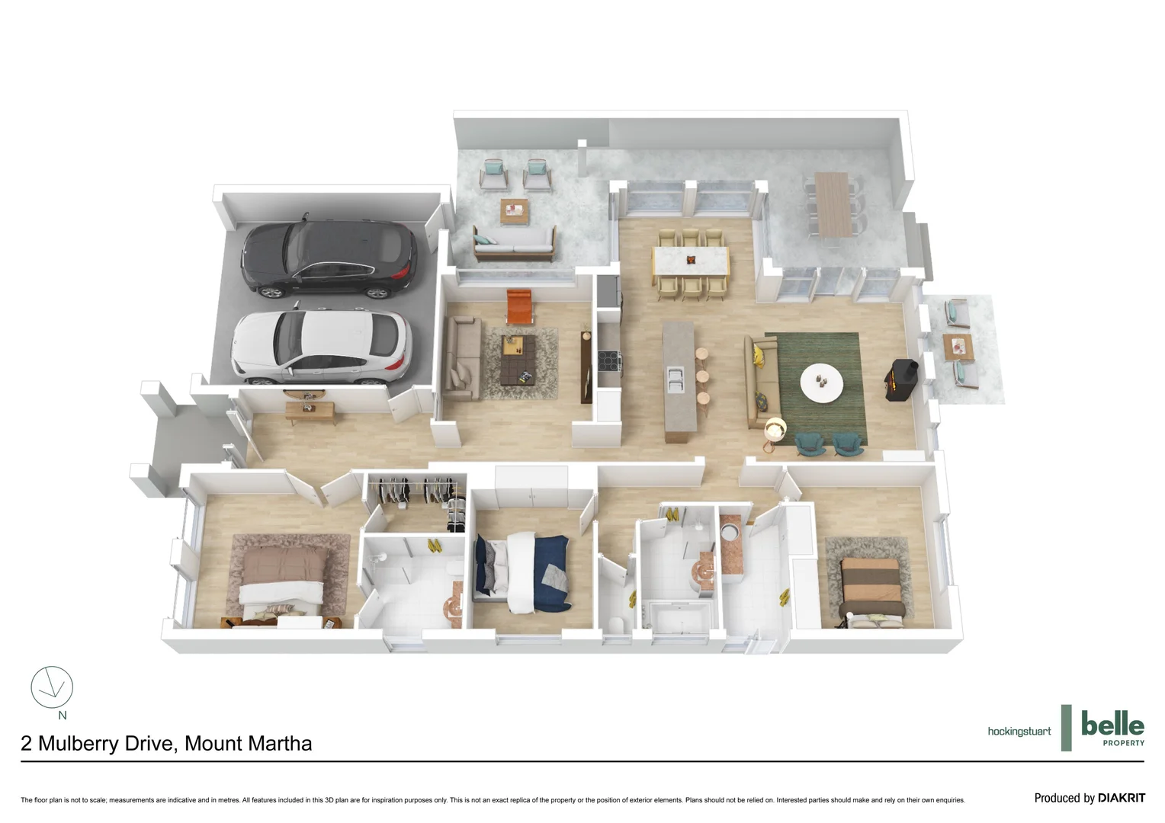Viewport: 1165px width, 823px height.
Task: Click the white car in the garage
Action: [x=322, y=347]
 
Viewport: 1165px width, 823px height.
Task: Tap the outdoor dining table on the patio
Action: [x=832, y=204]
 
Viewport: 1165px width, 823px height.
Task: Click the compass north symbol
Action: [x=52, y=687]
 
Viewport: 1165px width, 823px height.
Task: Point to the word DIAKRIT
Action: [x=1121, y=798]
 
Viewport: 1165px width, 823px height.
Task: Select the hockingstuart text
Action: [x=1019, y=732]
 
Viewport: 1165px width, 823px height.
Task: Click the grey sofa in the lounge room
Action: [x=461, y=357]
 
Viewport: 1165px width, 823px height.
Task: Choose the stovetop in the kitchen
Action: [x=608, y=358]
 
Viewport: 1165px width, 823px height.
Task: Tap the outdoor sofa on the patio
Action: [x=512, y=242]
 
